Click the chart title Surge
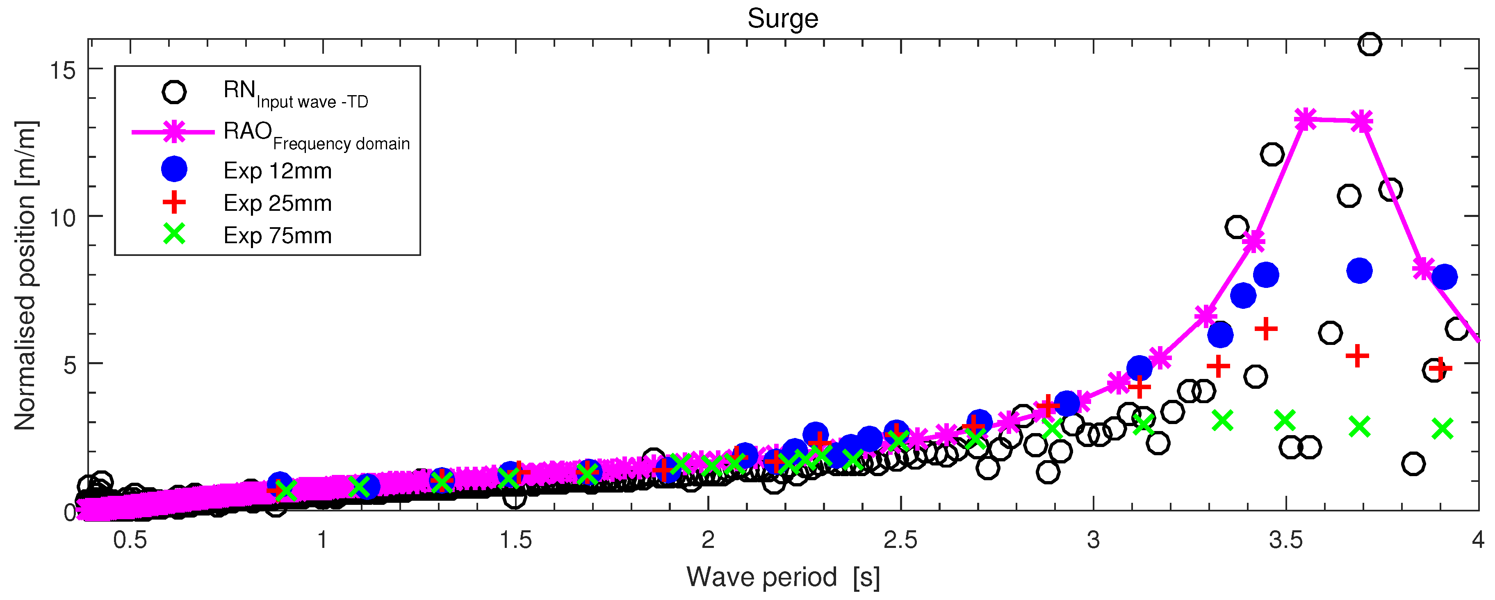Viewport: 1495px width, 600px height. point(782,18)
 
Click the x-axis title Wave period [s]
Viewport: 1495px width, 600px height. point(782,577)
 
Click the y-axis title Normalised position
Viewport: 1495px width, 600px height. point(25,275)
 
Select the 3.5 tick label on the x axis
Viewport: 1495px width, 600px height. point(1285,540)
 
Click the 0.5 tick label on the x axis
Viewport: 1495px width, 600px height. point(130,540)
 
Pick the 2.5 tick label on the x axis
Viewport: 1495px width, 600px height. point(900,540)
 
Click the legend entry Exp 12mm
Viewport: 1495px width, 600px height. point(278,171)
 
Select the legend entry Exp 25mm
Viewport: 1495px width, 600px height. point(278,203)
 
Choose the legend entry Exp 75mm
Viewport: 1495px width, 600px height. point(278,235)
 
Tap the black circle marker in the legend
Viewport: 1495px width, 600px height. point(174,92)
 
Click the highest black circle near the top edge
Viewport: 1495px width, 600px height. point(1370,44)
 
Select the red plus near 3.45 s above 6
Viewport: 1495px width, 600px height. point(1266,329)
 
